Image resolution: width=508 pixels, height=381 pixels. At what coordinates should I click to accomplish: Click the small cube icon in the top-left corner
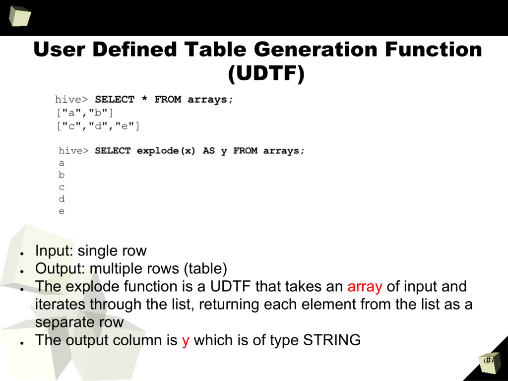click(x=20, y=15)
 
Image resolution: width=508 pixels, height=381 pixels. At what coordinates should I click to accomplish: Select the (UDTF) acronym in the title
click(x=266, y=73)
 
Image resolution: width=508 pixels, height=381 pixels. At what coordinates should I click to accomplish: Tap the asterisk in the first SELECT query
click(x=144, y=99)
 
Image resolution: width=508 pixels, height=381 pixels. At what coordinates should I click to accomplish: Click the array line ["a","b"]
click(x=85, y=113)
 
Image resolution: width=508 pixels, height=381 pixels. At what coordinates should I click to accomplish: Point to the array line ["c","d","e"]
click(x=98, y=126)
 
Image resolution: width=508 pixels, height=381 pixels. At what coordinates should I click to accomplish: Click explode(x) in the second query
click(x=166, y=151)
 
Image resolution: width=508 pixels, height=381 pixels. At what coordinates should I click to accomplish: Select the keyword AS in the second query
click(x=209, y=151)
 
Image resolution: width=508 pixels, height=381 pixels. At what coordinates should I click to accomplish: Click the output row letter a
click(x=62, y=163)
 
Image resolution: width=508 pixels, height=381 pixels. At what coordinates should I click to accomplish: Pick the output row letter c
click(x=62, y=187)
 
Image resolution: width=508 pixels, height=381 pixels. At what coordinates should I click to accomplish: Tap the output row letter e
click(x=62, y=211)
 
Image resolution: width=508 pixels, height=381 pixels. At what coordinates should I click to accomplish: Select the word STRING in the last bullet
click(x=332, y=340)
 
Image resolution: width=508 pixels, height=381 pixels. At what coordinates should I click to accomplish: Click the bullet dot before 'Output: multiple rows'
click(x=22, y=271)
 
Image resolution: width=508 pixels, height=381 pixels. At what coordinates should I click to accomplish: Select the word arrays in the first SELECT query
click(x=210, y=99)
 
